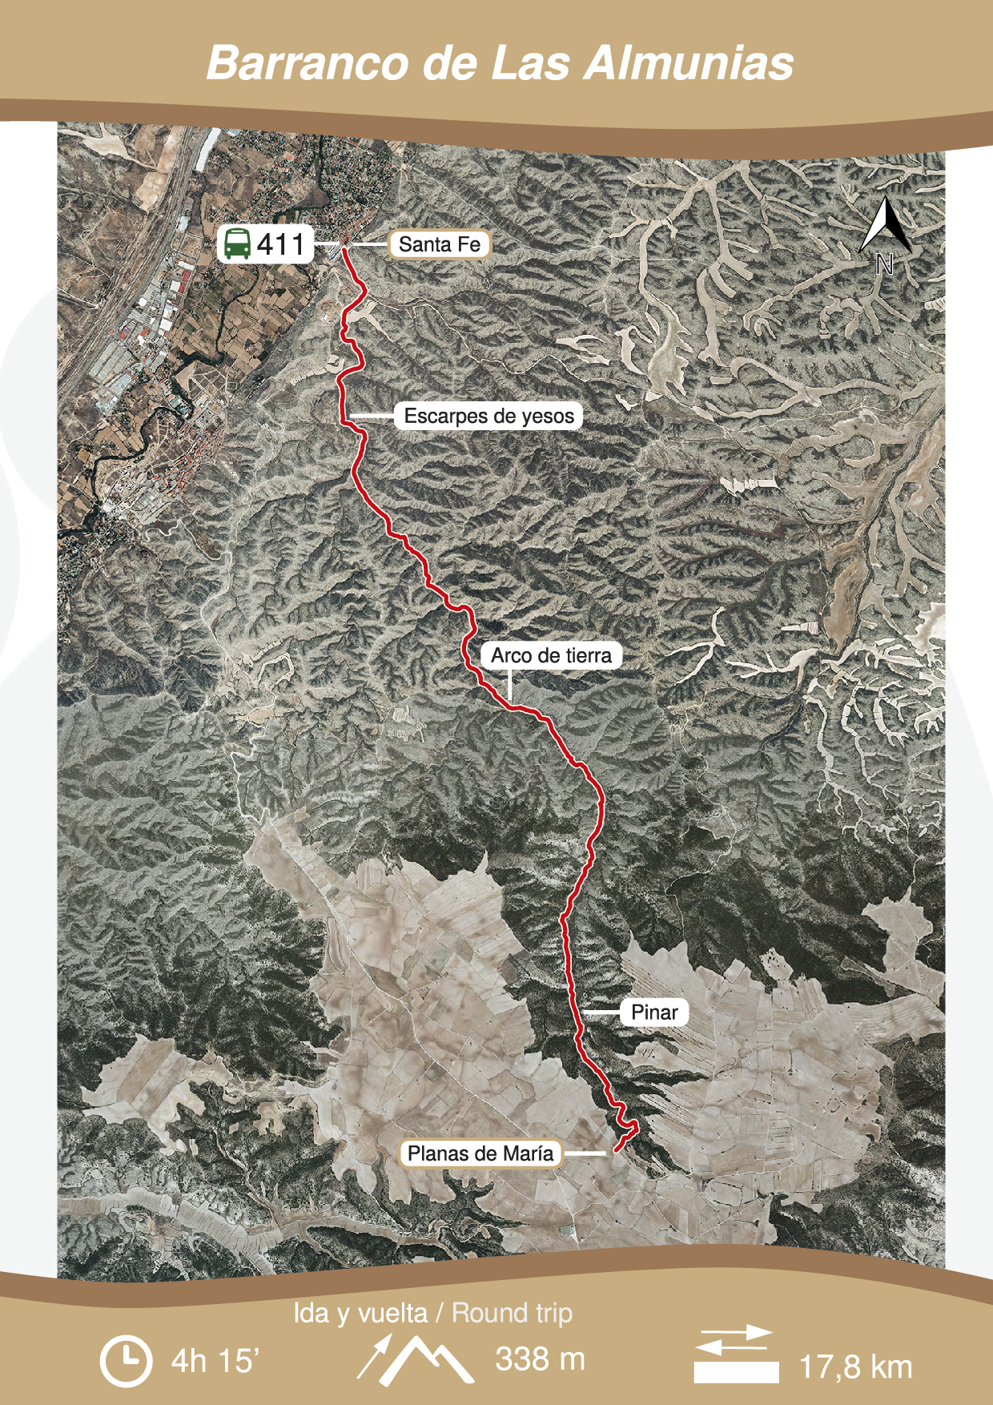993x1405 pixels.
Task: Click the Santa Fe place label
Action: coord(440,244)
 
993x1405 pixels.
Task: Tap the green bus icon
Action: coord(237,244)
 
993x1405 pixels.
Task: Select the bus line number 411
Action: coord(281,244)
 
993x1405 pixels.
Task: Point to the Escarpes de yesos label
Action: coord(488,416)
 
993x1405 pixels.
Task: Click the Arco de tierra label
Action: coord(551,655)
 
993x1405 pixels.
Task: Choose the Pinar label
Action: coord(654,1012)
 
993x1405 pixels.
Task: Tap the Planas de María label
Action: coord(480,1153)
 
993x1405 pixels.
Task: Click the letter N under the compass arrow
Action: coord(884,264)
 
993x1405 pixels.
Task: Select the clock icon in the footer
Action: coord(126,1360)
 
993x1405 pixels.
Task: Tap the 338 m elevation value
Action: coord(540,1359)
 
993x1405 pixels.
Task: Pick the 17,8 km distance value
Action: coord(856,1367)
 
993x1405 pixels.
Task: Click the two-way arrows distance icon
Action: coord(735,1355)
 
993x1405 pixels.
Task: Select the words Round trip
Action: coord(513,1313)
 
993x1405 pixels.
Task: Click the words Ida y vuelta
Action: coord(360,1313)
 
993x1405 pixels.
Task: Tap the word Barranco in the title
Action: coord(308,63)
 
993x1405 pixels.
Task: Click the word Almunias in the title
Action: coord(688,63)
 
